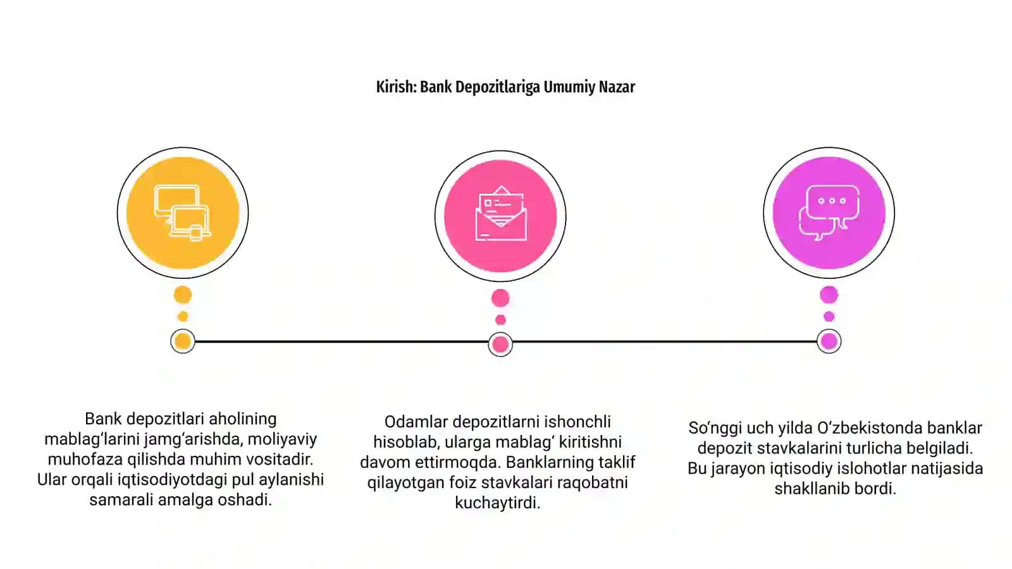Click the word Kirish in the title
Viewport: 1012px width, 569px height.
tap(396, 87)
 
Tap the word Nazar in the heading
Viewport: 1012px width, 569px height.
tap(617, 87)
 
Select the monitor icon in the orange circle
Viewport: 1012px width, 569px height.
tap(183, 213)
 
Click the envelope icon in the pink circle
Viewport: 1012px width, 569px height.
tap(500, 213)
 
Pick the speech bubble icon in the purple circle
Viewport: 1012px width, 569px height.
tap(829, 212)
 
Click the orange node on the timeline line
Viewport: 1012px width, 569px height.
tap(183, 341)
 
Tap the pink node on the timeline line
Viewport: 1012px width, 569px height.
tap(500, 345)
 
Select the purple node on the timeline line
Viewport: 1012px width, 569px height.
tap(829, 341)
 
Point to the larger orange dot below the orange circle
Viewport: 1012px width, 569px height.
tap(183, 295)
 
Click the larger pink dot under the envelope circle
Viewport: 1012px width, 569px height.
tap(500, 298)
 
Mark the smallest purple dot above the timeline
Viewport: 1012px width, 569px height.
tap(829, 317)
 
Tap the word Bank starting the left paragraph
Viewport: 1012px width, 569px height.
tap(104, 419)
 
